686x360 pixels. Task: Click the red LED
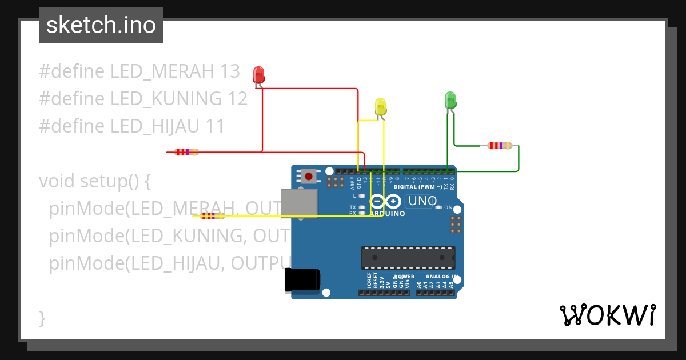pyautogui.click(x=258, y=74)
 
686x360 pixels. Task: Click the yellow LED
pyautogui.click(x=381, y=106)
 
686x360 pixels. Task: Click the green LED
pyautogui.click(x=450, y=100)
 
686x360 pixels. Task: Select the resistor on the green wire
pyautogui.click(x=500, y=146)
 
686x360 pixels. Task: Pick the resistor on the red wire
pyautogui.click(x=186, y=152)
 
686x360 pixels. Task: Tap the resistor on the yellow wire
pyautogui.click(x=212, y=216)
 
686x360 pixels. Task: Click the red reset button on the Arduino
pyautogui.click(x=309, y=176)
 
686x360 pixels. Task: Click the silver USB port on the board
pyautogui.click(x=299, y=203)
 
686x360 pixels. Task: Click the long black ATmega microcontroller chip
pyautogui.click(x=408, y=258)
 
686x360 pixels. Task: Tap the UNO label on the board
pyautogui.click(x=422, y=201)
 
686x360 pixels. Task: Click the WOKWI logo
pyautogui.click(x=607, y=315)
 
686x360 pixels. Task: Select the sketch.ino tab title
pyautogui.click(x=101, y=25)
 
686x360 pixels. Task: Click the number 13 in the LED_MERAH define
pyautogui.click(x=229, y=71)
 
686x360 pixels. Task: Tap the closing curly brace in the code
pyautogui.click(x=42, y=318)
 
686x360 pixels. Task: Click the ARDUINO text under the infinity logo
pyautogui.click(x=387, y=214)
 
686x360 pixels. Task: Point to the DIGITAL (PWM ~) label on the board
pyautogui.click(x=417, y=187)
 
